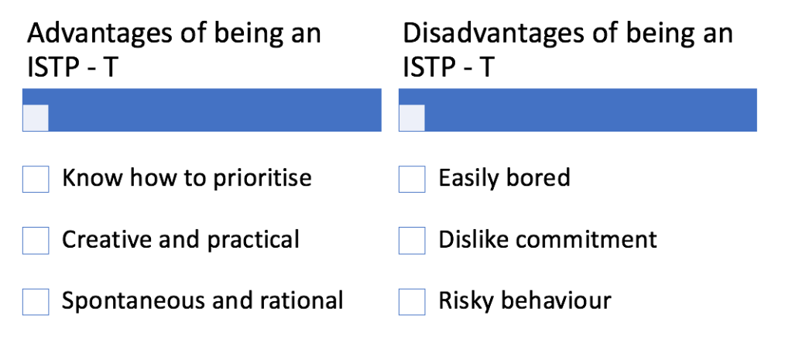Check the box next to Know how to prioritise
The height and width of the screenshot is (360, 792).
[x=36, y=180]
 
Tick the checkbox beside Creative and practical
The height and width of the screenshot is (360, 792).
[x=36, y=240]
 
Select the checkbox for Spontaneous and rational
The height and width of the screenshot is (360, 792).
[x=36, y=302]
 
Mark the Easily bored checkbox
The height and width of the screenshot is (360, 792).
[x=412, y=180]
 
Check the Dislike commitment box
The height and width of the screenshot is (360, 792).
[x=412, y=240]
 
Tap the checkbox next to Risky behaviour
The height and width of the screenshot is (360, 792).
[x=412, y=302]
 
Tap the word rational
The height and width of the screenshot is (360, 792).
[x=301, y=300]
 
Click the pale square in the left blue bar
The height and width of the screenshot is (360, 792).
[x=36, y=118]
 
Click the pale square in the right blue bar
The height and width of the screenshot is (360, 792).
[x=412, y=118]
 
